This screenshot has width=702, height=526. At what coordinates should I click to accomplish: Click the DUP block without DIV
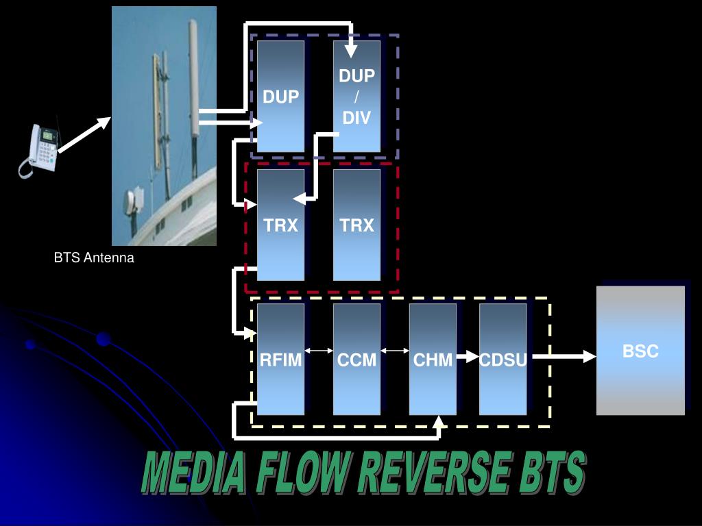[280, 96]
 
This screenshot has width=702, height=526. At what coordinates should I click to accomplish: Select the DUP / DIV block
[356, 96]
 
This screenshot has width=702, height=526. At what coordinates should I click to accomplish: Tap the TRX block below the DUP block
[280, 225]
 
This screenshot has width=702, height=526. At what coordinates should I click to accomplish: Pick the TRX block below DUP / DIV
[356, 225]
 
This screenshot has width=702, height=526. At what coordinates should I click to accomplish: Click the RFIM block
[280, 360]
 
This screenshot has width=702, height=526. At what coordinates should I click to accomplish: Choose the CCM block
[356, 360]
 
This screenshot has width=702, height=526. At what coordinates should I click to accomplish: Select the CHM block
[433, 360]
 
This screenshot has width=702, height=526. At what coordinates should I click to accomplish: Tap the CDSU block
[503, 360]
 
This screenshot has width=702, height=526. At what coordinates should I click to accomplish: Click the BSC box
[640, 351]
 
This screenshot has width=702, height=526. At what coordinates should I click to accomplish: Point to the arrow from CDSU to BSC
[564, 356]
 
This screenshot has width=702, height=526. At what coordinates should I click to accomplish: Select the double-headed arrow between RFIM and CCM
[318, 351]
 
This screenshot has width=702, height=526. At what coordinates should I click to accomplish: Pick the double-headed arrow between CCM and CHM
[394, 351]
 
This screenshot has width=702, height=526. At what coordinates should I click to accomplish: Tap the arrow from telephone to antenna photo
[84, 134]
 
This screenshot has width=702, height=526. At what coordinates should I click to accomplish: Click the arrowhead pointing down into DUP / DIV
[350, 50]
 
